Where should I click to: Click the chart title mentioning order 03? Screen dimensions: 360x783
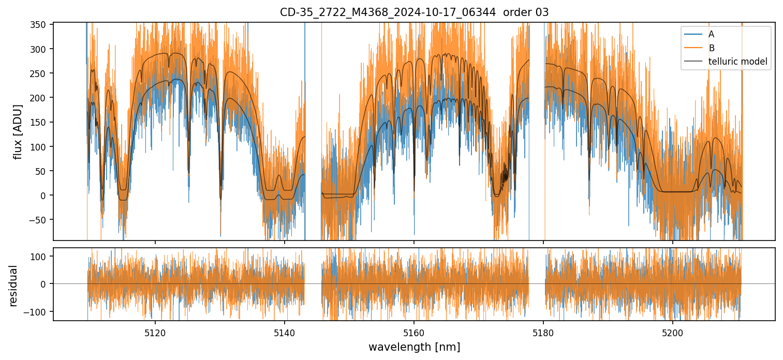pyautogui.click(x=414, y=12)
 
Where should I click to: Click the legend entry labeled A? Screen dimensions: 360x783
pyautogui.click(x=711, y=34)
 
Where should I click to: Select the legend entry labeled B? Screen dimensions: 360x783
pyautogui.click(x=712, y=48)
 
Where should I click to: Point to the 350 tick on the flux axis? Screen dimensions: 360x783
pyautogui.click(x=42, y=25)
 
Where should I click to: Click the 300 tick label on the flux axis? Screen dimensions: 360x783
pyautogui.click(x=42, y=49)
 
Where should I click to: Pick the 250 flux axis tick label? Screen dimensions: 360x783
pyautogui.click(x=42, y=73)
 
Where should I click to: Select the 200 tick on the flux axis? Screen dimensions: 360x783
pyautogui.click(x=42, y=98)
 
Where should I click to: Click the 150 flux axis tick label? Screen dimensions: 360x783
pyautogui.click(x=42, y=122)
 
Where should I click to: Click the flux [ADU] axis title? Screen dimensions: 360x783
pyautogui.click(x=18, y=131)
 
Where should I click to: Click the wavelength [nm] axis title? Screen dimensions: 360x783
pyautogui.click(x=414, y=347)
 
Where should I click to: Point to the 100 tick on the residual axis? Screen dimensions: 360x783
pyautogui.click(x=42, y=256)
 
